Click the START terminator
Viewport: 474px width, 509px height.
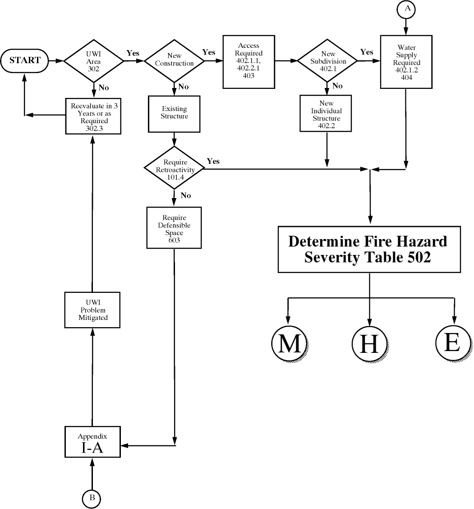coord(25,60)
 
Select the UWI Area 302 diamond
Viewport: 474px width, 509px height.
coord(93,60)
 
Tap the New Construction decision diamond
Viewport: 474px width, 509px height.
coord(174,60)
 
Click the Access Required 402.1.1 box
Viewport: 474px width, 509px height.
coord(249,60)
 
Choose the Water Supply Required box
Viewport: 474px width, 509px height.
coord(406,62)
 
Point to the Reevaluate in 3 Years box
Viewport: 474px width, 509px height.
coord(93,116)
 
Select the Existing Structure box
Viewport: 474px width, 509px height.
coord(174,113)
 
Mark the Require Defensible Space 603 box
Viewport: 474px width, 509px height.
coord(174,227)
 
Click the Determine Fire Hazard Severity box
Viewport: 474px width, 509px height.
coord(369,249)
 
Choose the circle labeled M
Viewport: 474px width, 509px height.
coord(289,344)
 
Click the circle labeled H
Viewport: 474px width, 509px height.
coord(369,344)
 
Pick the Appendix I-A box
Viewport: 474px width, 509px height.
coord(92,442)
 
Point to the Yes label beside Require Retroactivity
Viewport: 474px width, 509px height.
coord(213,161)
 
